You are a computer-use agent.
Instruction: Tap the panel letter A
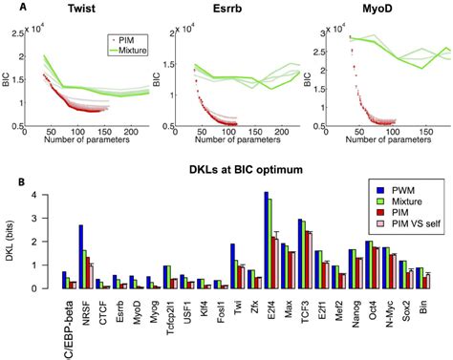9,6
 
